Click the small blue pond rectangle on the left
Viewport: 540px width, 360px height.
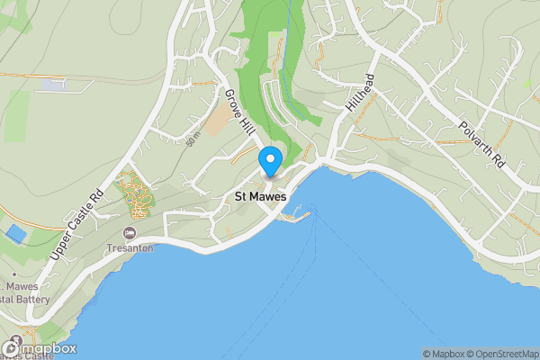coord(15,233)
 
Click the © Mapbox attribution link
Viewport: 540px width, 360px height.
coord(443,354)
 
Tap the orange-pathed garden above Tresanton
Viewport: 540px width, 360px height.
coord(138,193)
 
